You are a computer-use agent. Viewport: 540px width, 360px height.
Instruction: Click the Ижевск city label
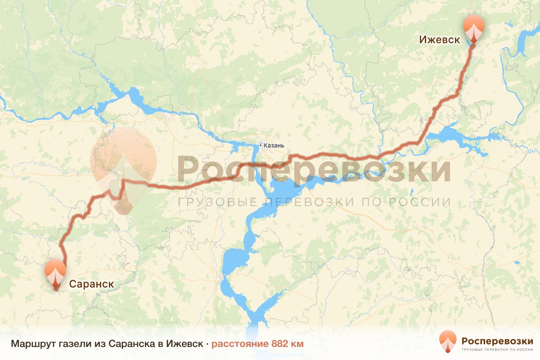click(439, 40)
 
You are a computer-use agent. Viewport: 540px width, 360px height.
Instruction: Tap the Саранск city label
click(91, 284)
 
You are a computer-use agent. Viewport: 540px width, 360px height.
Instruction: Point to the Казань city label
click(274, 145)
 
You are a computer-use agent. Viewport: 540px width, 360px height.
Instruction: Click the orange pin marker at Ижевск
click(474, 28)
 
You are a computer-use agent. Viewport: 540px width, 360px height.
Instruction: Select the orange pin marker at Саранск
click(55, 273)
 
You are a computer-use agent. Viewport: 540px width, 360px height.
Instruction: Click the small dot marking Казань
click(261, 145)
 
